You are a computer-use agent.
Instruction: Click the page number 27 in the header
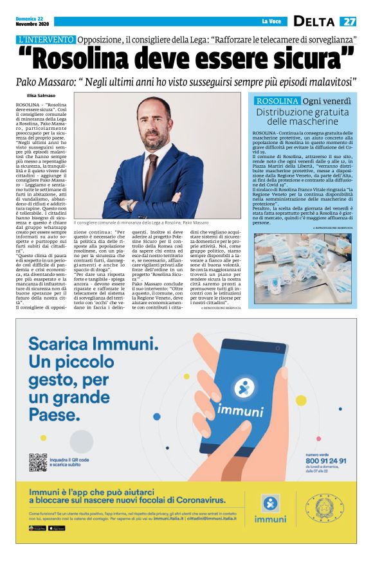tap(349, 22)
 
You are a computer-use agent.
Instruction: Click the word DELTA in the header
tap(314, 22)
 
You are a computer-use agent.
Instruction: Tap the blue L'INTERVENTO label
tap(47, 39)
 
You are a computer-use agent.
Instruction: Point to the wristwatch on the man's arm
tap(130, 205)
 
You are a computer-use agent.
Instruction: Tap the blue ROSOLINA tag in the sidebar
tap(277, 101)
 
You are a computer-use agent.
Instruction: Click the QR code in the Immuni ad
tap(38, 462)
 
